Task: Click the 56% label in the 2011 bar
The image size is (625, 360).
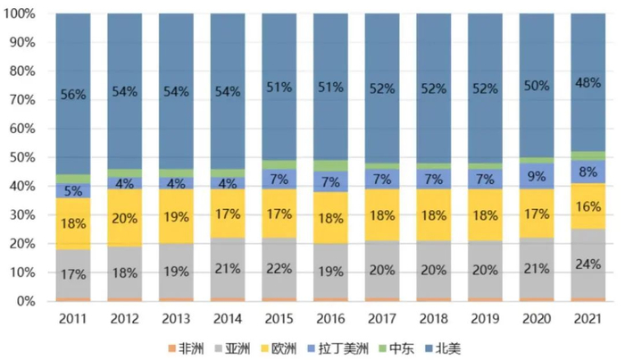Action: coord(73,94)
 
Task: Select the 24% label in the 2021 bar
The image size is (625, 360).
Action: coord(587,264)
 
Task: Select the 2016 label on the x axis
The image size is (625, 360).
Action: coord(329,317)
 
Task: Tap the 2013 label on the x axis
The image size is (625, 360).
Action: coord(176,317)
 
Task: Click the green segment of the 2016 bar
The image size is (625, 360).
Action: coord(329,165)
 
